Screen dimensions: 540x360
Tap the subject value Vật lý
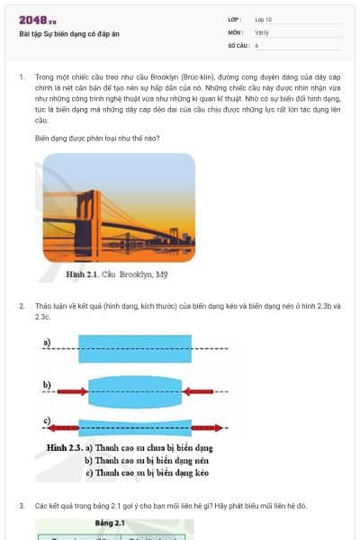coord(261,31)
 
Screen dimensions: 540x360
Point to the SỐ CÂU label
coord(237,44)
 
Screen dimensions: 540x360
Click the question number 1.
coord(21,77)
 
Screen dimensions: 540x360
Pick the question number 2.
coord(21,307)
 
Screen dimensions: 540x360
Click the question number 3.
coord(21,506)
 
